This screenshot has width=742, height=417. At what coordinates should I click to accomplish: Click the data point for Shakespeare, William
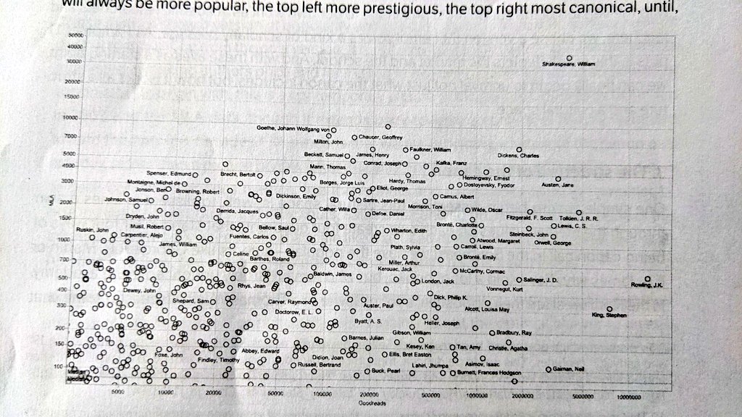[570, 57]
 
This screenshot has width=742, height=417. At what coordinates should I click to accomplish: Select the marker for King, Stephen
[610, 308]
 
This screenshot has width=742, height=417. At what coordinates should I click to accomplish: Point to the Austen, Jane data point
[558, 178]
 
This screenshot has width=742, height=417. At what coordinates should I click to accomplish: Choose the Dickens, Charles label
[518, 156]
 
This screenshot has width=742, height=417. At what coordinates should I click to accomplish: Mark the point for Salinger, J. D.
[519, 279]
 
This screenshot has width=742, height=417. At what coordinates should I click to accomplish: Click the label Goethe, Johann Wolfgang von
[293, 127]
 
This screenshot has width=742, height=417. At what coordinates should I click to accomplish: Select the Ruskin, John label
[92, 229]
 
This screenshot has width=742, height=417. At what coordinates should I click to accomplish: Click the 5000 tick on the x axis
[120, 392]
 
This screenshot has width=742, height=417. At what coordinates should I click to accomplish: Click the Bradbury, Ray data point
[491, 332]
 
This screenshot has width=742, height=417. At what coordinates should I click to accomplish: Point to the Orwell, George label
[552, 243]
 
